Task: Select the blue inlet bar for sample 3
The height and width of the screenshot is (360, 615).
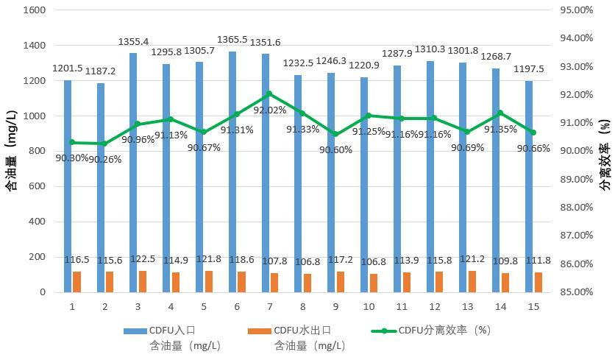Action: [x=133, y=172]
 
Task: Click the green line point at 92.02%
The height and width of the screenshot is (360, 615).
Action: [x=269, y=93]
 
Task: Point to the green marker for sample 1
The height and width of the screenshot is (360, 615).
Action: [x=72, y=142]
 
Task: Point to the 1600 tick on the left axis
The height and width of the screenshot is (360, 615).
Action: [x=36, y=10]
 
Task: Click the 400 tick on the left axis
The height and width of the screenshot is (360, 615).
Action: [x=39, y=222]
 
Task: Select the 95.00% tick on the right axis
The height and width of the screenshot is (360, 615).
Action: [x=577, y=10]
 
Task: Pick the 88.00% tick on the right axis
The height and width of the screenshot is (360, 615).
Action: [x=577, y=208]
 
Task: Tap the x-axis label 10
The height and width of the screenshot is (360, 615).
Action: [x=369, y=306]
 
